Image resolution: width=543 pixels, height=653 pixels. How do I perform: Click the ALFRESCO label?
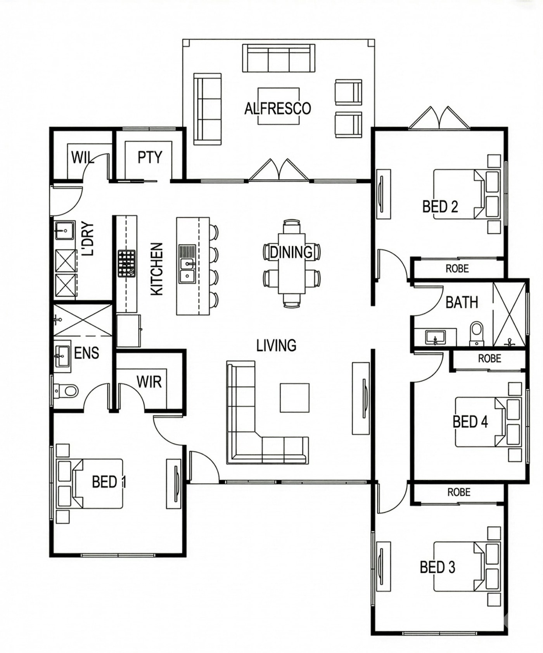tap(278, 108)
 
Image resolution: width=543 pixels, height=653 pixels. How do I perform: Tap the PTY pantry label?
tap(150, 157)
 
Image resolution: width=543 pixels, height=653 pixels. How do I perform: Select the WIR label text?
tap(149, 382)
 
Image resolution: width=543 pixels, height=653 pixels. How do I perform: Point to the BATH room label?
tap(462, 302)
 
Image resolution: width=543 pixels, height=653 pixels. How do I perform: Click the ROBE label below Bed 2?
tap(457, 269)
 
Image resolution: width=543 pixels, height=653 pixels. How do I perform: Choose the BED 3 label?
tap(438, 567)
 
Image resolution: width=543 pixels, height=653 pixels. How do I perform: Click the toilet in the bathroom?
tap(477, 333)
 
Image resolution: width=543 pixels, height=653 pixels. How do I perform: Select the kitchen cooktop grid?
tap(127, 264)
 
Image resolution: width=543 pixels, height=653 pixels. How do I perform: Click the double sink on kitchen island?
tap(187, 264)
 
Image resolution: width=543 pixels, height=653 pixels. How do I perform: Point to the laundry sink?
tap(64, 231)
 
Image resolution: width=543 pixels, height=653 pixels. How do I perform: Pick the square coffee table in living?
tap(295, 398)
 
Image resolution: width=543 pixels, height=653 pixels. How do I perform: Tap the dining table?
tap(292, 264)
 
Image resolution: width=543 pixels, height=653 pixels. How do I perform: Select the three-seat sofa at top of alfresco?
tap(278, 58)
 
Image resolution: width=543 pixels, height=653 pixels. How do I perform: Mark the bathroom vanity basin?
tap(435, 337)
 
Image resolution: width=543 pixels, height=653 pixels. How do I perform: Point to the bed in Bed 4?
tap(488, 422)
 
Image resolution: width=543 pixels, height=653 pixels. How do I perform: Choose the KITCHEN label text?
tap(157, 269)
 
